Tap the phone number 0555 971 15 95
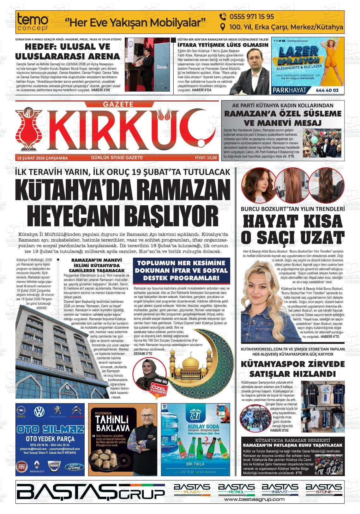pos(247,16)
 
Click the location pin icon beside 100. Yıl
pos(223,27)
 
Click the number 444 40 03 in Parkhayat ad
pos(327,90)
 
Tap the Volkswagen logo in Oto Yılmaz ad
pos(39,412)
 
